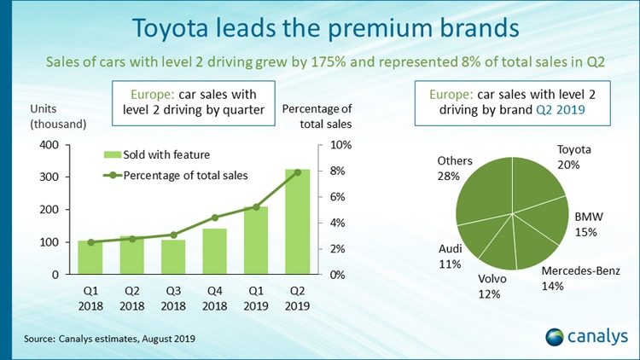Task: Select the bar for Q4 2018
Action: tap(214, 252)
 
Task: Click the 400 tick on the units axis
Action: tap(49, 145)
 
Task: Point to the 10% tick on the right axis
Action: tap(340, 145)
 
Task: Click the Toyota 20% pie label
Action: tap(573, 157)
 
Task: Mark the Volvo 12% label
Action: tap(491, 286)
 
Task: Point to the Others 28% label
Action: tap(448, 168)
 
